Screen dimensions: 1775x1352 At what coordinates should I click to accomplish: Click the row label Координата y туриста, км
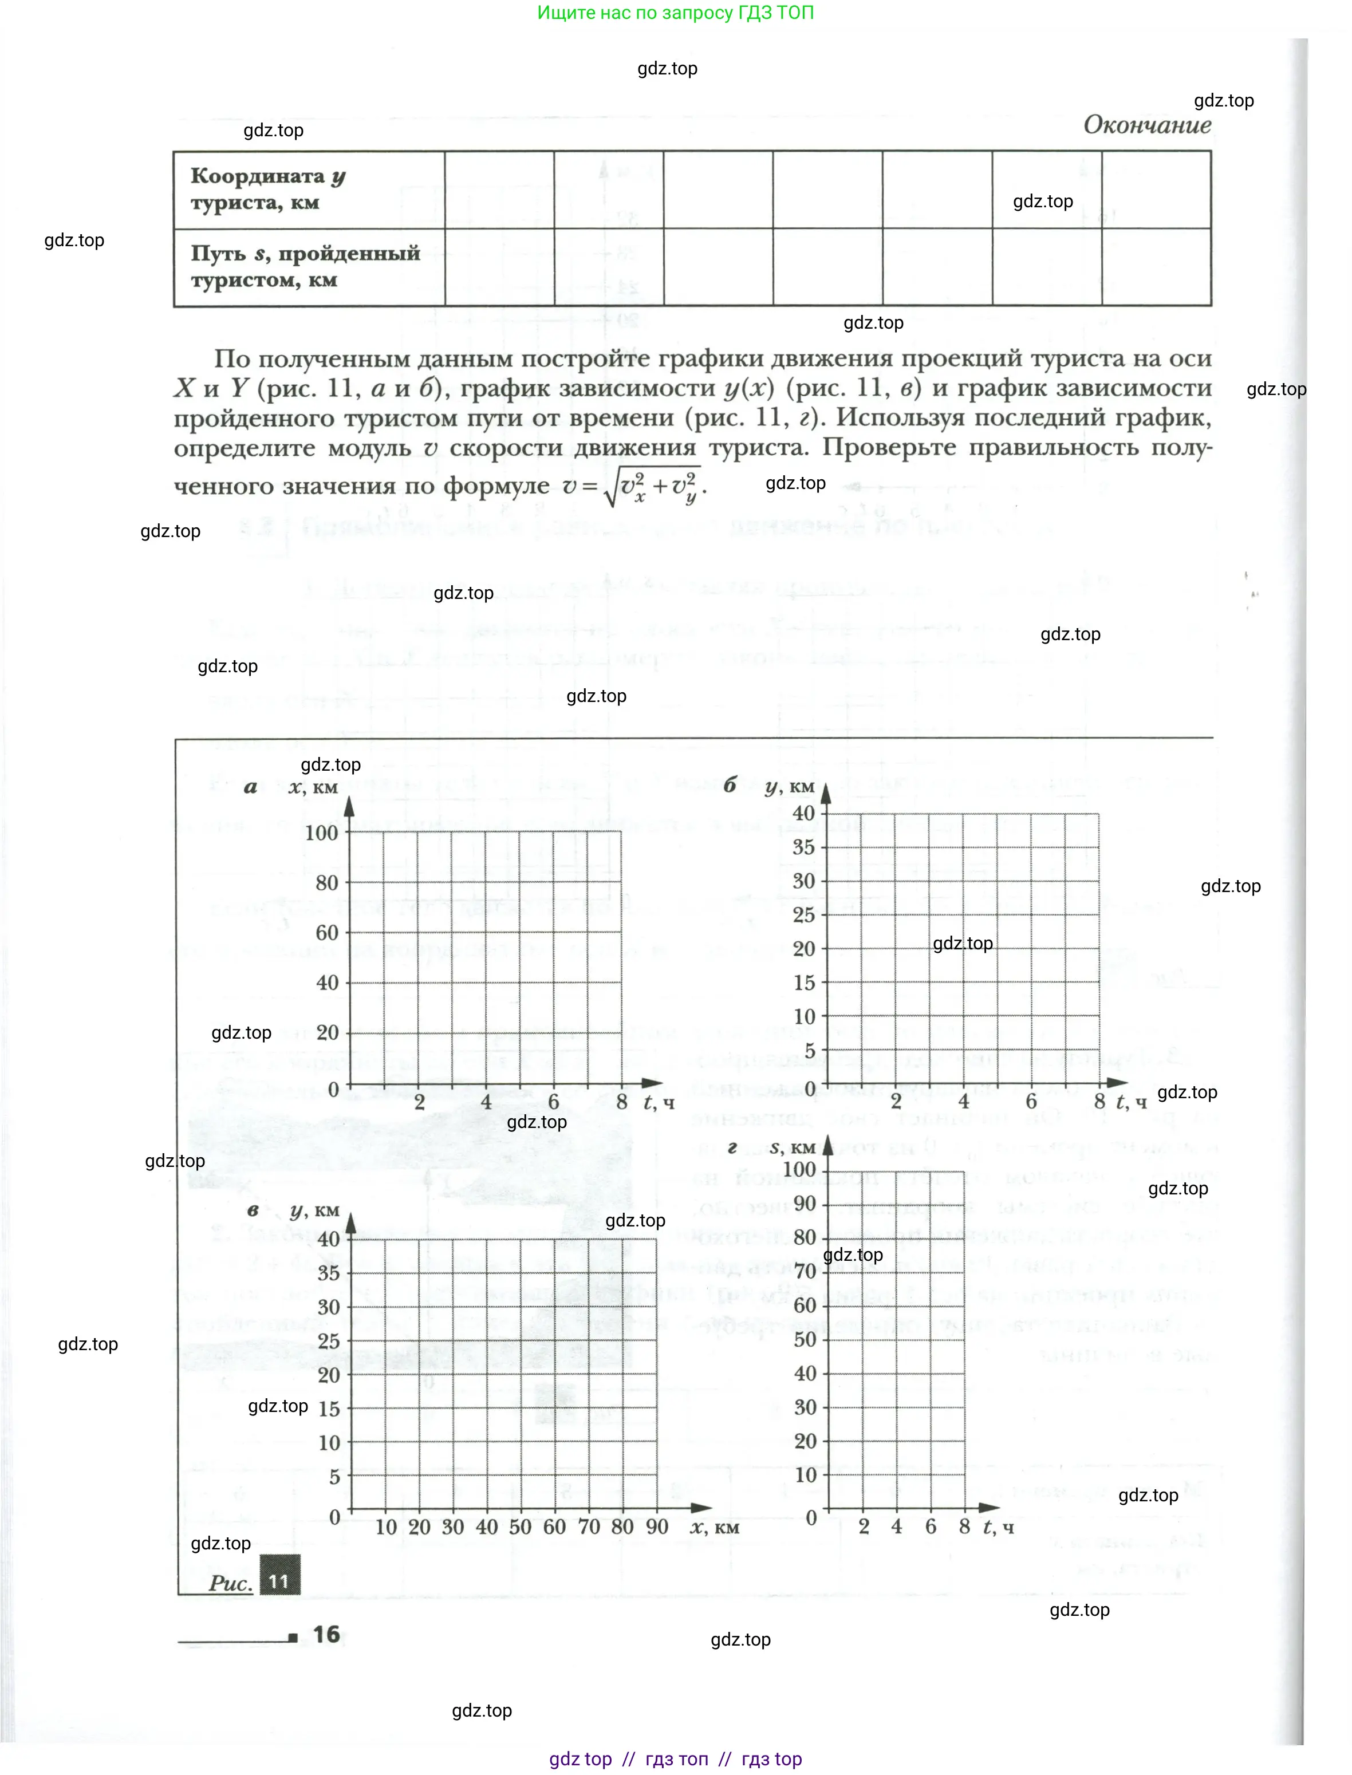tap(267, 188)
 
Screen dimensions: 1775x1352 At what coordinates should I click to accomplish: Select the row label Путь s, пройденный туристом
tap(304, 266)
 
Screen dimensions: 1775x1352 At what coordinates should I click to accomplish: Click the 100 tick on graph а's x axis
tap(321, 833)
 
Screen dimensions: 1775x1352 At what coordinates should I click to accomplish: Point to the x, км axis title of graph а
tap(313, 786)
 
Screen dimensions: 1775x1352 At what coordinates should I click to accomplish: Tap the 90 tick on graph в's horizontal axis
tap(657, 1527)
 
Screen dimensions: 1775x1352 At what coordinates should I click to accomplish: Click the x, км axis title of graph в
tap(715, 1527)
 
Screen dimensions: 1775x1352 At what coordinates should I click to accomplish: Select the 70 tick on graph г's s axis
tap(805, 1271)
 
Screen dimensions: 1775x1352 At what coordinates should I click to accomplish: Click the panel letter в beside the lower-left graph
tap(253, 1209)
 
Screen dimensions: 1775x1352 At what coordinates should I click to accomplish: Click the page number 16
tap(326, 1634)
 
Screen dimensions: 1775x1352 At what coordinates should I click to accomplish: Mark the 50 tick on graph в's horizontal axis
tap(520, 1527)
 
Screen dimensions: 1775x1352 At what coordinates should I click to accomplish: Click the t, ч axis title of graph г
tap(998, 1527)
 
